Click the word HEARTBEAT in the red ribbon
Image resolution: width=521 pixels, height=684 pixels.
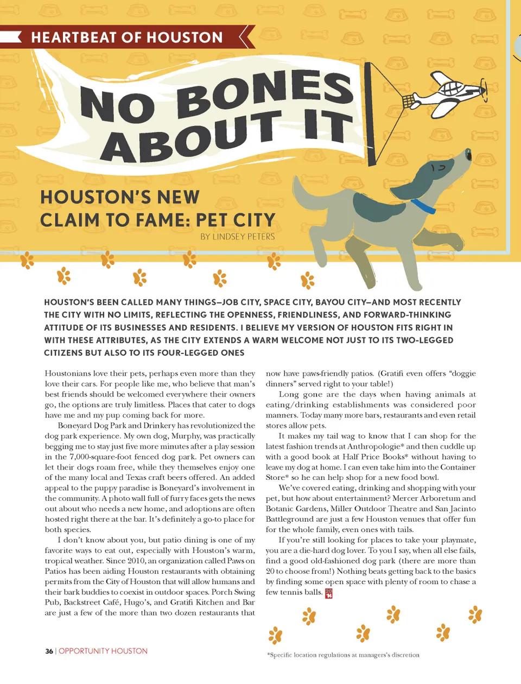point(73,37)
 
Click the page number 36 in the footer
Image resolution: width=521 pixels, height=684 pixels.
point(49,651)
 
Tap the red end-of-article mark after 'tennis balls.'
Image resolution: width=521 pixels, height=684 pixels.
point(329,593)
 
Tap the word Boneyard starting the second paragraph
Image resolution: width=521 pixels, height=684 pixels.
point(77,426)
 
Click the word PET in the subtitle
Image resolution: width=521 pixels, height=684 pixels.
point(212,220)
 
